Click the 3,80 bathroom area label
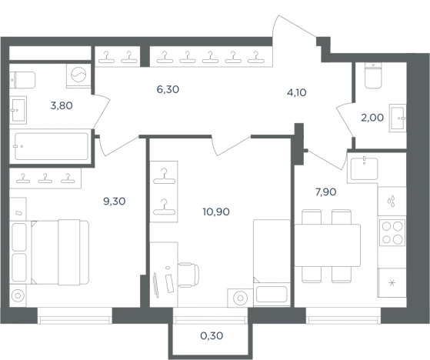pyautogui.click(x=62, y=105)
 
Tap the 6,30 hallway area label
pyautogui.click(x=168, y=89)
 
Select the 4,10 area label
pyautogui.click(x=297, y=92)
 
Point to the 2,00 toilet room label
pyautogui.click(x=372, y=118)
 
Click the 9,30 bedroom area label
pyautogui.click(x=115, y=202)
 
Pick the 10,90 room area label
pyautogui.click(x=216, y=212)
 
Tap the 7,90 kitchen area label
pyautogui.click(x=326, y=192)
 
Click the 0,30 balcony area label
pyautogui.click(x=212, y=335)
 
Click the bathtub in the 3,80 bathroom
pyautogui.click(x=52, y=146)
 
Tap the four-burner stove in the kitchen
pyautogui.click(x=392, y=232)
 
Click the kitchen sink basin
pyautogui.click(x=364, y=168)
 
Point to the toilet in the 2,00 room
pyautogui.click(x=373, y=75)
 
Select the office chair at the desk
pyautogui.click(x=188, y=275)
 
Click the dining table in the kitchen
pyautogui.click(x=328, y=245)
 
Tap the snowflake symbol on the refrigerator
pyautogui.click(x=392, y=283)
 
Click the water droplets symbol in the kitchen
pyautogui.click(x=391, y=201)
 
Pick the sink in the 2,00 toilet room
pyautogui.click(x=398, y=118)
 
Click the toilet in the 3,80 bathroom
pyautogui.click(x=22, y=80)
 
